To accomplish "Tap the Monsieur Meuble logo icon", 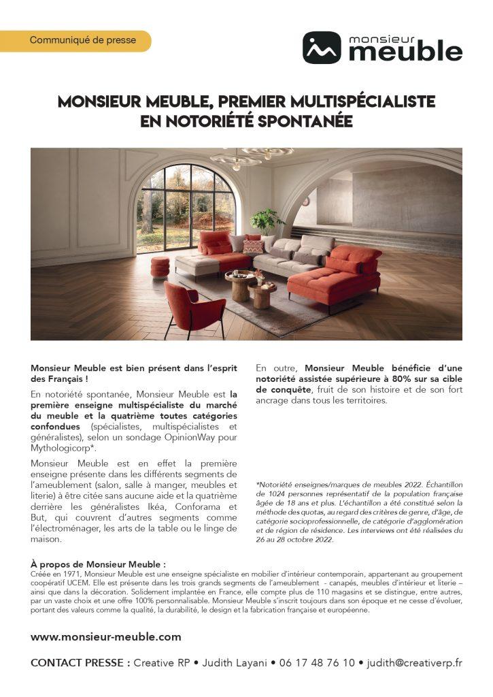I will pos(322,48).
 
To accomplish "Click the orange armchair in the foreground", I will pos(192,307).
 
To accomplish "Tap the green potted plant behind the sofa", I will pos(266,221).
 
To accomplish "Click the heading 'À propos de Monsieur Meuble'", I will pos(98,564).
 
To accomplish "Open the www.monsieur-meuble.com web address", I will pos(105,636).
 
